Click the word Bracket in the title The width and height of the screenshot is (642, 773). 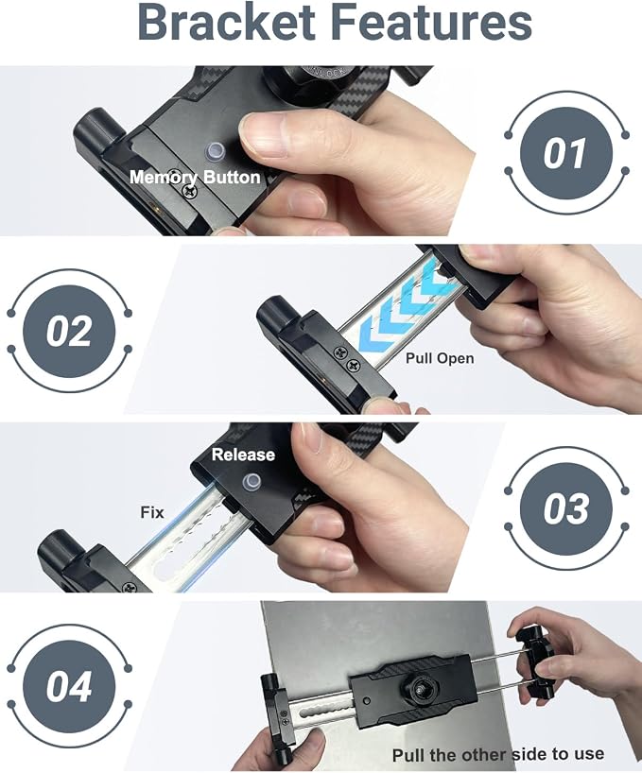click(x=227, y=23)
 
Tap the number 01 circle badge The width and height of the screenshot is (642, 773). click(x=566, y=153)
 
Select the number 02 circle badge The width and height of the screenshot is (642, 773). click(x=69, y=331)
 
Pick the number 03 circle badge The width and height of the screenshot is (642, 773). click(x=566, y=508)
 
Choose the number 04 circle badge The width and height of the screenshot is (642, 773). click(x=69, y=687)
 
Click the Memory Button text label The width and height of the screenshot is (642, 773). click(x=195, y=177)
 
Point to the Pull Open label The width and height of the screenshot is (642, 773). click(x=440, y=358)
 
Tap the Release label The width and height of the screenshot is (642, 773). click(x=243, y=455)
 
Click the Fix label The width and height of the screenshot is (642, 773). click(x=152, y=512)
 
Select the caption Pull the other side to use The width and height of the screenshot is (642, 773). click(x=498, y=754)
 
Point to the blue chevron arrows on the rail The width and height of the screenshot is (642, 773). click(x=406, y=303)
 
